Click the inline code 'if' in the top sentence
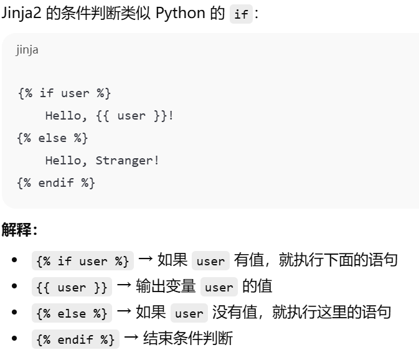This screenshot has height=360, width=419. pyautogui.click(x=241, y=14)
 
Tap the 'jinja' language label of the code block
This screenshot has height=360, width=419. pyautogui.click(x=27, y=50)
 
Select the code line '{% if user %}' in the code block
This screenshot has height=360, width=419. pyautogui.click(x=64, y=93)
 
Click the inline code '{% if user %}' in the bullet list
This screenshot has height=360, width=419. pyautogui.click(x=82, y=261)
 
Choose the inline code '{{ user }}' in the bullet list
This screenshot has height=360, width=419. pyautogui.click(x=72, y=288)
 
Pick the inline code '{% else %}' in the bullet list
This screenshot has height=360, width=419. pyautogui.click(x=72, y=313)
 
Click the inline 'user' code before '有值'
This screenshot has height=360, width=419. pyautogui.click(x=210, y=261)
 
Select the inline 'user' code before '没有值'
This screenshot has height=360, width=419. pyautogui.click(x=189, y=313)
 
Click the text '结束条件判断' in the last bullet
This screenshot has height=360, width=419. pyautogui.click(x=187, y=339)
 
